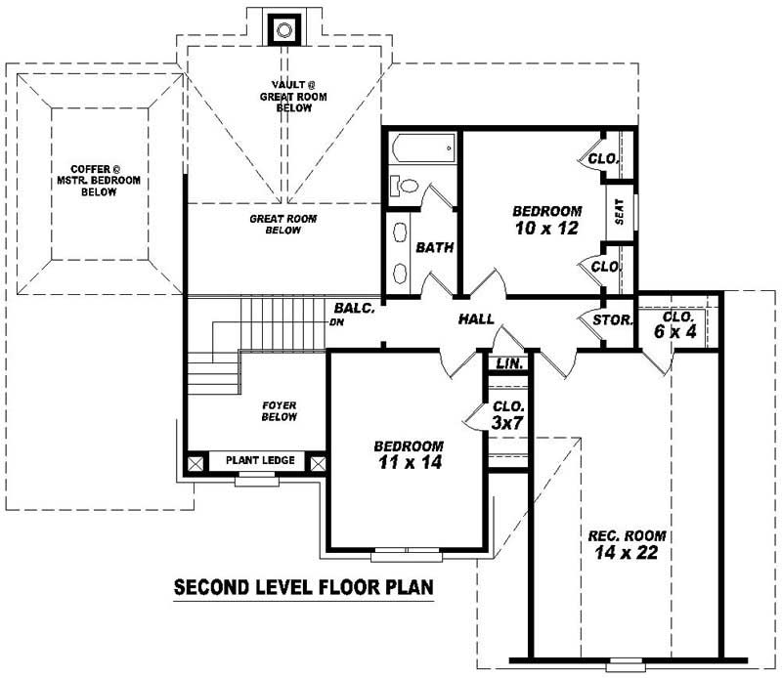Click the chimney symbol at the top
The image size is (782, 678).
284,29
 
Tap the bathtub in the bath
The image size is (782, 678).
423,149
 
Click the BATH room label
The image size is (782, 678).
435,247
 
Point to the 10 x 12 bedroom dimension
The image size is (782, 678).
546,229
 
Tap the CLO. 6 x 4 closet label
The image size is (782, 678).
677,324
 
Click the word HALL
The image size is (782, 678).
476,319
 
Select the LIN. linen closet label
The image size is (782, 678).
508,362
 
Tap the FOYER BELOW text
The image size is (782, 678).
279,410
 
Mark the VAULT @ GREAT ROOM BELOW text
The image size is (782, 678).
285,96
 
